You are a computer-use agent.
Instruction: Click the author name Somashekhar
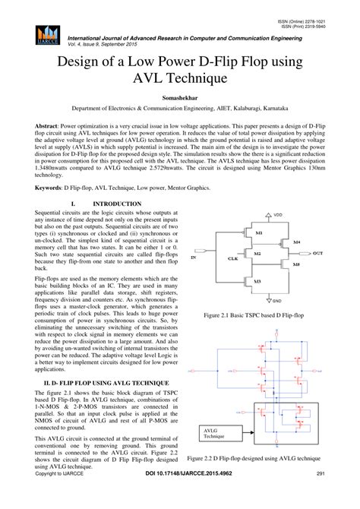(180, 98)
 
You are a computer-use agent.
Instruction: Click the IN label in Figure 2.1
(193, 258)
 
